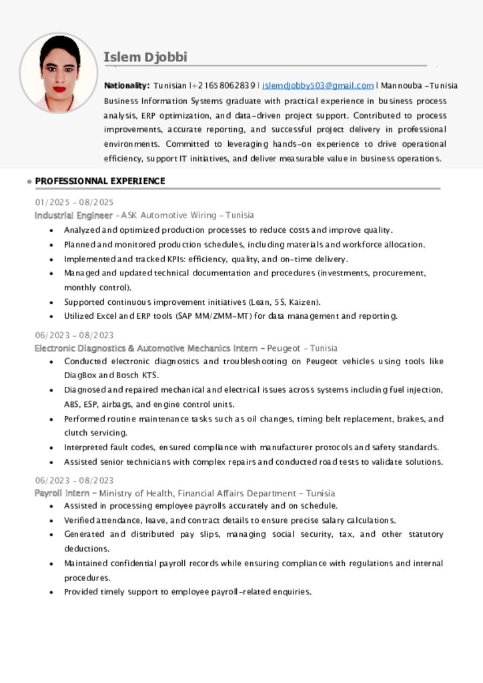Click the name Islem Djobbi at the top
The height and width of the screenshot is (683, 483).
tap(145, 57)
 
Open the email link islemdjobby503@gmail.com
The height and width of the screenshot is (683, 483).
tap(318, 85)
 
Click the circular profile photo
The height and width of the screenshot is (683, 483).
tap(59, 73)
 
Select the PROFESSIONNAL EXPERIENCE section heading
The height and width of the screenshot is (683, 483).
tap(100, 181)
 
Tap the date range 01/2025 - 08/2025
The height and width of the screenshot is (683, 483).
tap(74, 202)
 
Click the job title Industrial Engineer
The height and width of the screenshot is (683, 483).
tap(73, 215)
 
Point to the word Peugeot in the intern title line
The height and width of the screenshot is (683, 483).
tap(283, 348)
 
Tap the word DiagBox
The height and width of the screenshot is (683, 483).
tap(79, 375)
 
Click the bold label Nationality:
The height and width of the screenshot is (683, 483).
tap(127, 85)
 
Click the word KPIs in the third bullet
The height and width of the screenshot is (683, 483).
tap(175, 259)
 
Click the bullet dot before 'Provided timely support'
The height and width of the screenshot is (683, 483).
tap(52, 592)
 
